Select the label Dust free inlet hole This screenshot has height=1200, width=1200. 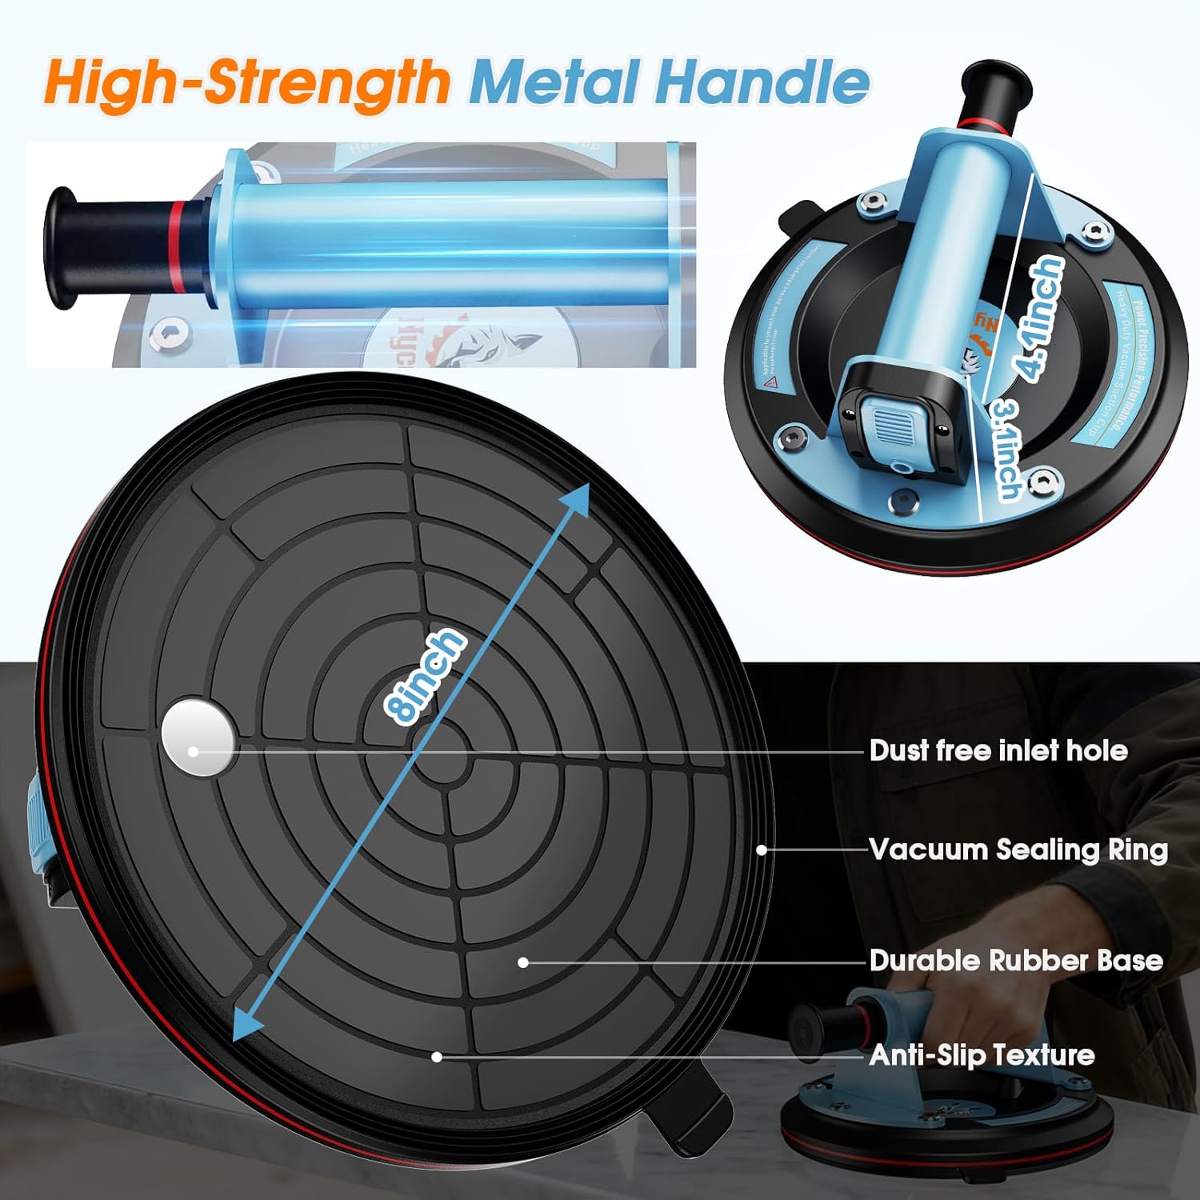(x=998, y=750)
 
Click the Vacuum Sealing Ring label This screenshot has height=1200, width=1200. (x=1018, y=850)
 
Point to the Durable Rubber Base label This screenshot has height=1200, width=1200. (x=1016, y=960)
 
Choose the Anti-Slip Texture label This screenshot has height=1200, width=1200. (x=982, y=1055)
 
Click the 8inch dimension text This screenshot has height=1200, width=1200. (x=424, y=676)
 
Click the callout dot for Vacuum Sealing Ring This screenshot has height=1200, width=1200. (x=762, y=850)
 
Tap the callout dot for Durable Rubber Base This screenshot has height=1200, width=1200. (x=522, y=962)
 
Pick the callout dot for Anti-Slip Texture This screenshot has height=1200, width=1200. (x=437, y=1057)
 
